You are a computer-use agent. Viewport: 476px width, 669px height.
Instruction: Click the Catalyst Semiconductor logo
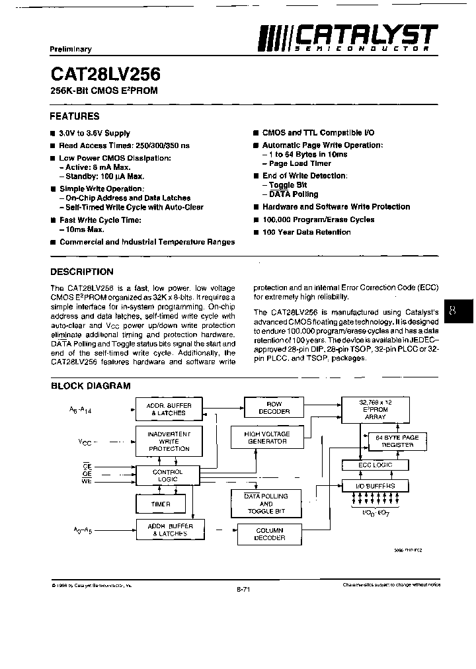coord(347,37)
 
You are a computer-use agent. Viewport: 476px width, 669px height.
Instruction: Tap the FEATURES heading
coord(75,116)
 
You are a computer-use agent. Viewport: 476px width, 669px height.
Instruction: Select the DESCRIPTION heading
coord(82,272)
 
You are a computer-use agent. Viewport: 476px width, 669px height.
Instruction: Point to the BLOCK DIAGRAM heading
coord(91,386)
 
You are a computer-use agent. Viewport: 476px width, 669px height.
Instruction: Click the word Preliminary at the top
coord(70,50)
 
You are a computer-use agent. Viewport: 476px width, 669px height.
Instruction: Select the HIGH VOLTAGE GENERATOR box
coord(266,437)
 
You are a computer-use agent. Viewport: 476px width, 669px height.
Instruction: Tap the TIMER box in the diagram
coord(161,504)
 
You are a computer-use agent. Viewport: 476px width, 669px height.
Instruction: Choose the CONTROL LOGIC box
coord(167,476)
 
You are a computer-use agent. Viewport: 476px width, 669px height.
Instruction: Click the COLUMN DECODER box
coord(269,534)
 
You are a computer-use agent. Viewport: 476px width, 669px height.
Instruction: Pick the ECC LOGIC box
coord(375,465)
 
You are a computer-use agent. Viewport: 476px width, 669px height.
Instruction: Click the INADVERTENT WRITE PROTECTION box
coord(169,441)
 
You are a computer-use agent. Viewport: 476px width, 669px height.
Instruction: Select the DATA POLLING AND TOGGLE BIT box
coord(266,504)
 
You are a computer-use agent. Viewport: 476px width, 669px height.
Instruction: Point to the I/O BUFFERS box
coord(375,486)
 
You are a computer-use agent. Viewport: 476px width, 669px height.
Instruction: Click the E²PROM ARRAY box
coord(375,410)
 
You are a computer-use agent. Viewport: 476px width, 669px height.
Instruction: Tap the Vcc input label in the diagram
coord(85,441)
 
